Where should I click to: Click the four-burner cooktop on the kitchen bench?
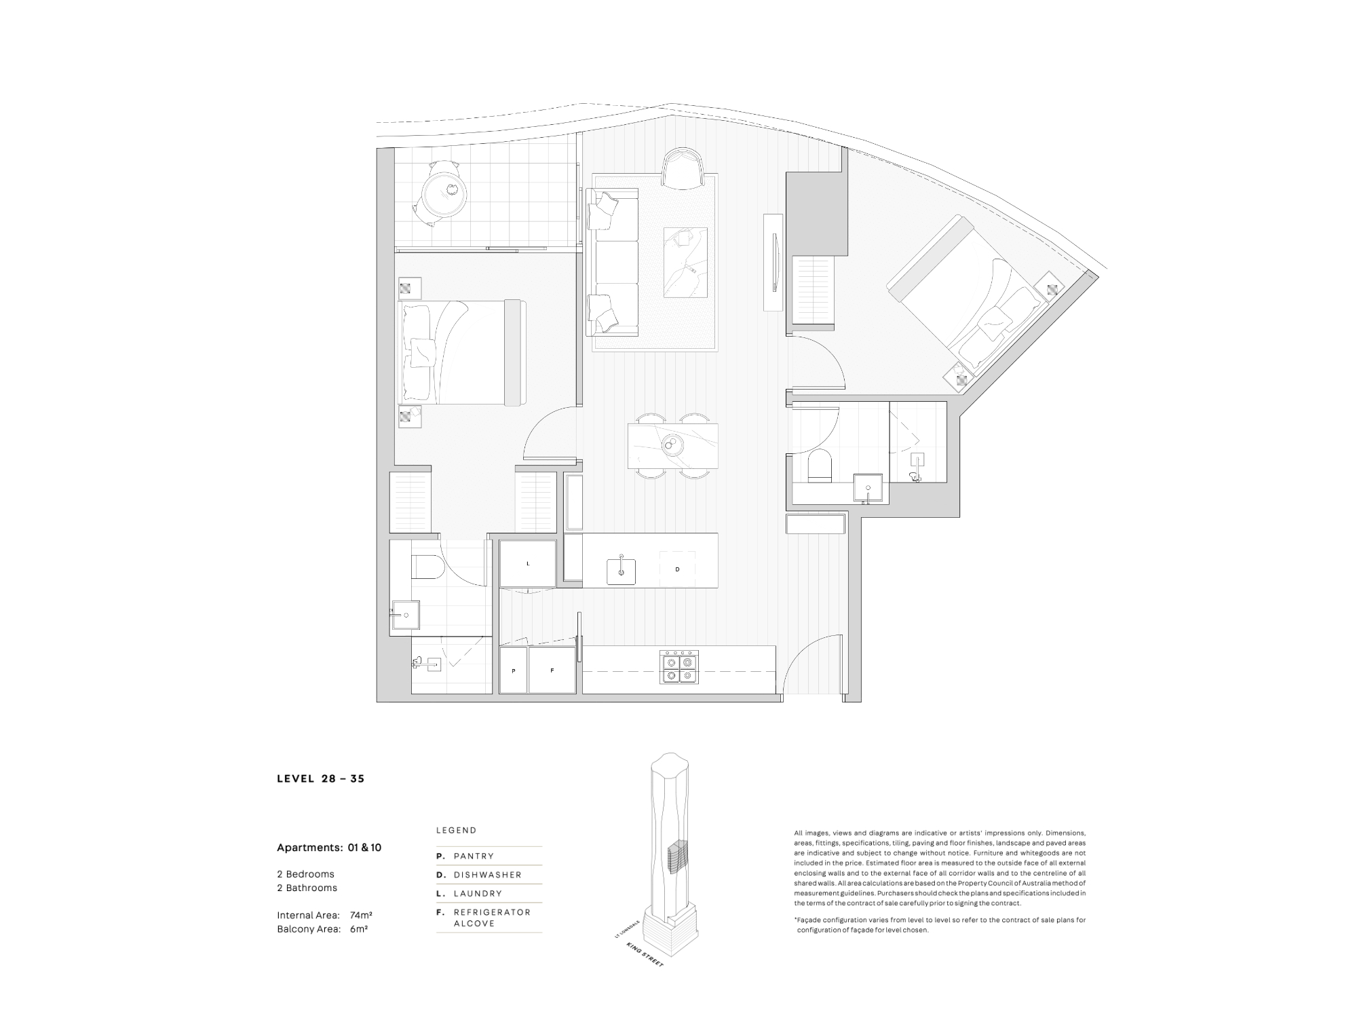[x=679, y=667]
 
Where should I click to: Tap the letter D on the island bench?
[x=677, y=569]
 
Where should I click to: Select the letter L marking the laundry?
[x=528, y=564]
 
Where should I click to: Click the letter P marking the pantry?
[x=514, y=671]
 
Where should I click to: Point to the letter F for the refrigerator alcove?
[x=552, y=671]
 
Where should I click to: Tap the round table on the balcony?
[x=444, y=193]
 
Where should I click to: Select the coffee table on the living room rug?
[x=685, y=262]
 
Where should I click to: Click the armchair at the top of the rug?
[x=683, y=168]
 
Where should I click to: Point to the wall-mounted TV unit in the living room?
[x=773, y=262]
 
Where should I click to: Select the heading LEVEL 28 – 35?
[x=321, y=778]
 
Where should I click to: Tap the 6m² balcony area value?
[x=359, y=929]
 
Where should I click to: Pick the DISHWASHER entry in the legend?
[x=487, y=875]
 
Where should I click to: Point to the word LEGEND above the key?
[x=456, y=830]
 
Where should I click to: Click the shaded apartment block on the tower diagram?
[x=675, y=857]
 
